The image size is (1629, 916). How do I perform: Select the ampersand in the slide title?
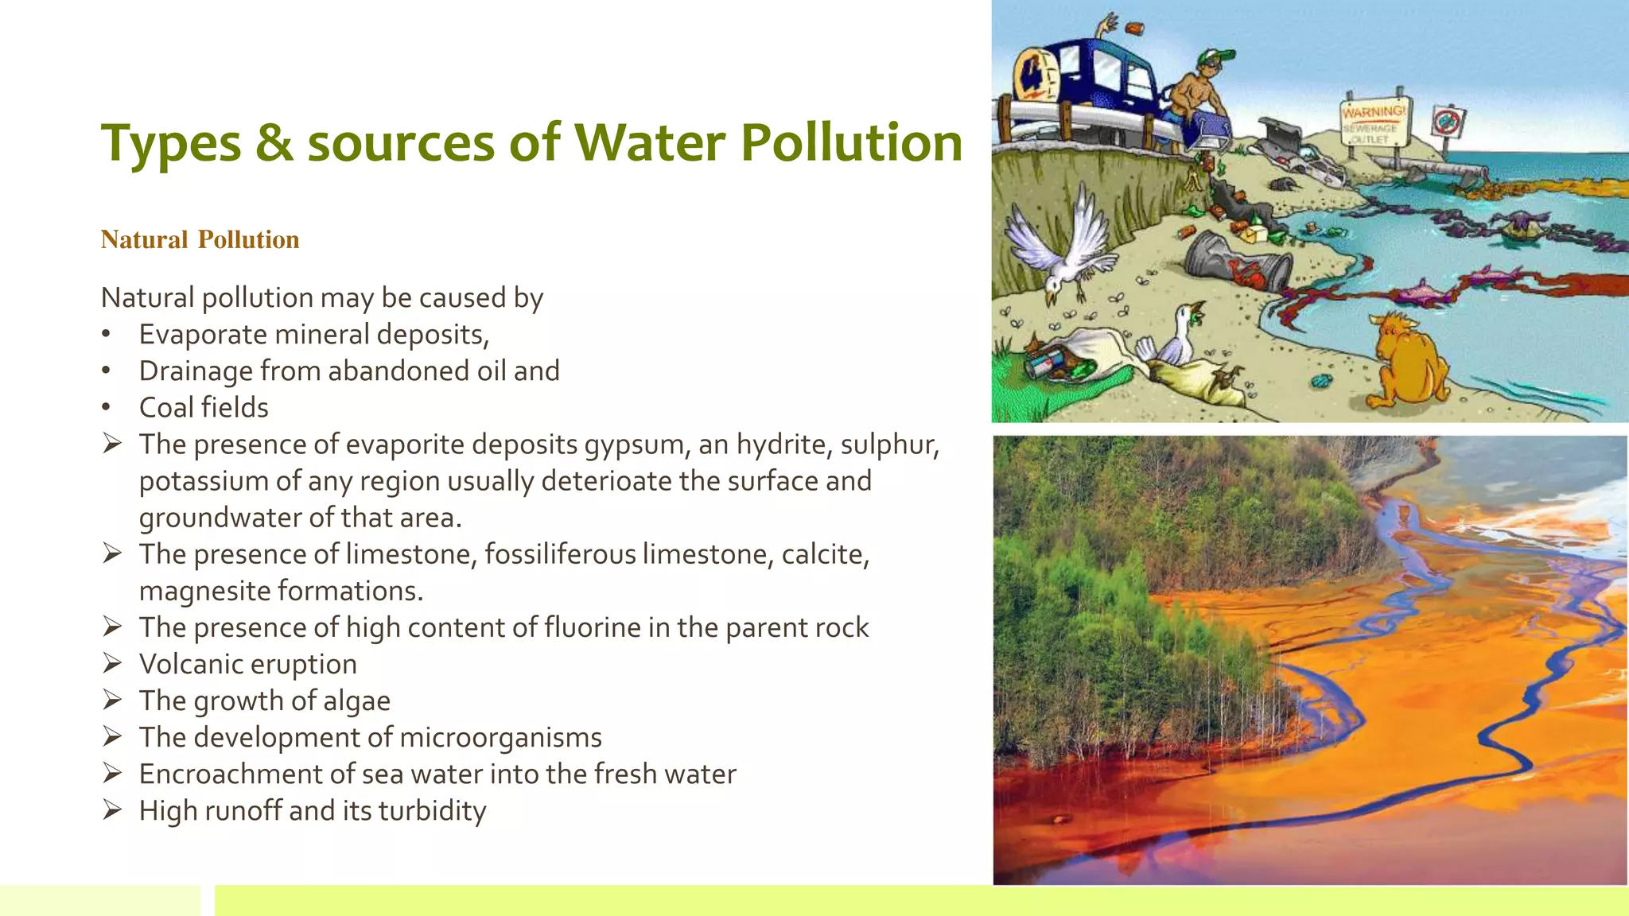274,143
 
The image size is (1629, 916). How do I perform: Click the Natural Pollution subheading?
200,239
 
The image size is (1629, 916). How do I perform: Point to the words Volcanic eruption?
247,664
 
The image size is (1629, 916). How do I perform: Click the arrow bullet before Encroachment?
112,773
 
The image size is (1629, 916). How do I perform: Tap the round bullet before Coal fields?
107,408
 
